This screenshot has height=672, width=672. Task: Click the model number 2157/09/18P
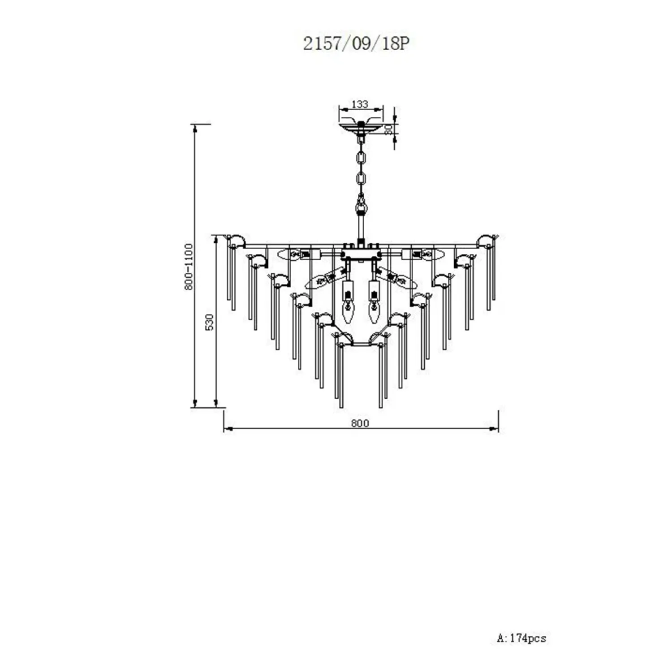(356, 43)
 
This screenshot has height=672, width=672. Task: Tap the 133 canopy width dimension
(360, 104)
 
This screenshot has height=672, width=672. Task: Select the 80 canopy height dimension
(389, 129)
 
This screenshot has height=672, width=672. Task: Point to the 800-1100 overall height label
(189, 267)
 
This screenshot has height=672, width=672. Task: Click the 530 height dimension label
(210, 322)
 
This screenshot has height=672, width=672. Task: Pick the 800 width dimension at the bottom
(360, 423)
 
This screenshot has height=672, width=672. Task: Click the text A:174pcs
(521, 638)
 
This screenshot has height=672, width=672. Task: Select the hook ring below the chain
(361, 208)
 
